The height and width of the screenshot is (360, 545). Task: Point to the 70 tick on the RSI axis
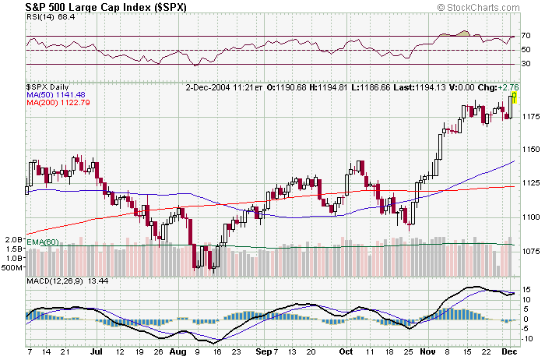526,36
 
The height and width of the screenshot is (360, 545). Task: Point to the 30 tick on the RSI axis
526,64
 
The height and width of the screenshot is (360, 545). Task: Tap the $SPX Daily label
47,86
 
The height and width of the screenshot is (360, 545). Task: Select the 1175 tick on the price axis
529,116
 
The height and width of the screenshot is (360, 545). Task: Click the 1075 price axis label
529,250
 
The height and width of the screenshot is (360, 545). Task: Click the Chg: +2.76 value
499,86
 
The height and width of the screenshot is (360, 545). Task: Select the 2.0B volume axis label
12,239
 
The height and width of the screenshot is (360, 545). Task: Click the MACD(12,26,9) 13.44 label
56,281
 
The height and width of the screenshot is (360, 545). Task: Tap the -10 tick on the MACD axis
527,328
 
